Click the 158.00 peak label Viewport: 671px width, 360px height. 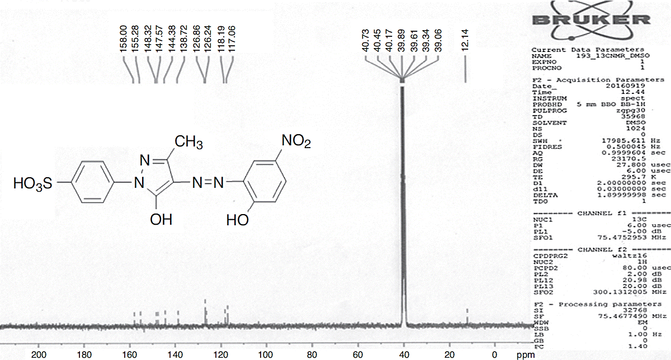pyautogui.click(x=124, y=39)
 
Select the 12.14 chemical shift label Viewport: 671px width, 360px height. pyautogui.click(x=465, y=39)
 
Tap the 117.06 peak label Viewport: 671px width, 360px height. pyautogui.click(x=233, y=39)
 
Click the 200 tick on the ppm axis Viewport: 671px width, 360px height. pyautogui.click(x=39, y=354)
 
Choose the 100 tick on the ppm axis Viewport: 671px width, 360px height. pyautogui.click(x=266, y=354)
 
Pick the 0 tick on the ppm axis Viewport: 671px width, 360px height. pyautogui.click(x=494, y=354)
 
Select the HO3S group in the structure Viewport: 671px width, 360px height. pyautogui.click(x=34, y=184)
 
